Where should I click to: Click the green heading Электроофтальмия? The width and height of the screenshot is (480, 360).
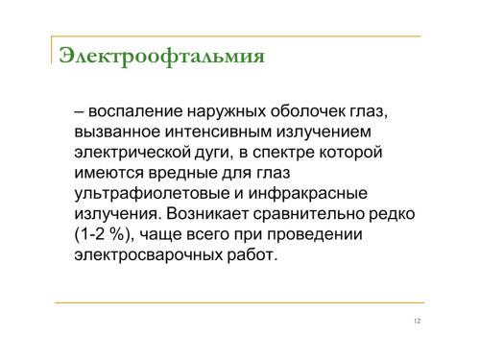162,57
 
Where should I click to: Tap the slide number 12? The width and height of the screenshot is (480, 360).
417,321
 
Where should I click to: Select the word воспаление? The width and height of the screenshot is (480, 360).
135,111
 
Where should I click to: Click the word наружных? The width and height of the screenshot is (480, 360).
227,111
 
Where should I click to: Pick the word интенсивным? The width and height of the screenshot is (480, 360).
218,132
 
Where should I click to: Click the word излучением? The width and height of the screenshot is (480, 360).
324,132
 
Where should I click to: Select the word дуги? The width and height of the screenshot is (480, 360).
212,154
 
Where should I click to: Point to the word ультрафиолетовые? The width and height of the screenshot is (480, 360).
152,194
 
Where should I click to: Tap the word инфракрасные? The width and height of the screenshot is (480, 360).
308,194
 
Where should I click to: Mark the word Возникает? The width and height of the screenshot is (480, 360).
207,214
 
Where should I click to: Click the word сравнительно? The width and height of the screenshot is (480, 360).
309,214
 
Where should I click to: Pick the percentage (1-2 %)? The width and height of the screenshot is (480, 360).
103,234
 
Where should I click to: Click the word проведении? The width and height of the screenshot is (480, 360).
315,235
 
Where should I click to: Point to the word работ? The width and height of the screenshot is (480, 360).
251,255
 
